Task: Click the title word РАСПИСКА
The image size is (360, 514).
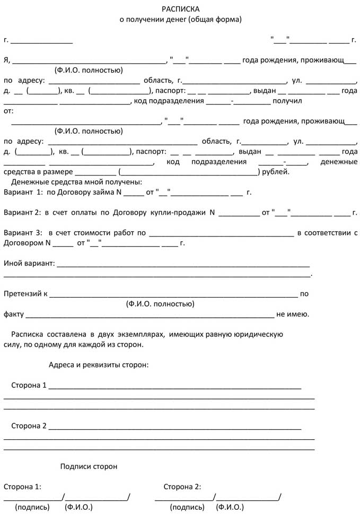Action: click(181, 9)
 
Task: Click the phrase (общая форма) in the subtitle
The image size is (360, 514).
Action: click(215, 20)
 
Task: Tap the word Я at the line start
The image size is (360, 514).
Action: click(6, 60)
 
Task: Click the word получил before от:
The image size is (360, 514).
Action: click(287, 101)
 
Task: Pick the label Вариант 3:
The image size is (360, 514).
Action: click(22, 233)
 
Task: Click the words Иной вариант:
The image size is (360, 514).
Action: click(29, 263)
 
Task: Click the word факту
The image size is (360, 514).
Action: click(14, 314)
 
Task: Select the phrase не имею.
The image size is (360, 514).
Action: click(292, 314)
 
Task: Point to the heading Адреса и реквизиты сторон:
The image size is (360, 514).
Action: click(99, 365)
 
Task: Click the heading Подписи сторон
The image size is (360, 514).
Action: click(89, 466)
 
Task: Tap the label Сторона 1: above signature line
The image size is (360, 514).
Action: click(22, 486)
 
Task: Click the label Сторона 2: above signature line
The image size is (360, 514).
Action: click(182, 486)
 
